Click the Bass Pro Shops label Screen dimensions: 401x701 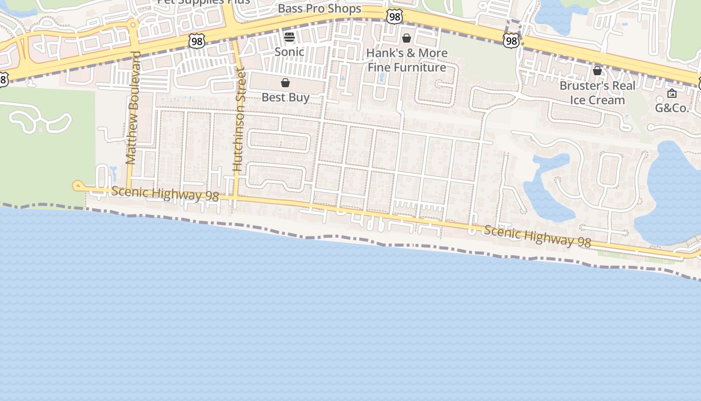click(x=319, y=9)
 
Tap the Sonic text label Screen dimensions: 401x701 click(x=289, y=52)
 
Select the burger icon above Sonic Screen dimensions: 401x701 click(x=289, y=37)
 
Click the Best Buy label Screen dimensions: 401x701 click(x=285, y=97)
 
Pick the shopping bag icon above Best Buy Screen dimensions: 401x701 click(x=285, y=83)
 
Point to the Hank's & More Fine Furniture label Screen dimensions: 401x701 click(x=407, y=60)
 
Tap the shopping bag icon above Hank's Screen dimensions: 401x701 click(x=407, y=38)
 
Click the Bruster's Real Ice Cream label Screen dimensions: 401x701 click(x=597, y=93)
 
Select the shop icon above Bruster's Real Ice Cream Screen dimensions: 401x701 click(x=597, y=71)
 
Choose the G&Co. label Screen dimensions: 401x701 click(x=672, y=108)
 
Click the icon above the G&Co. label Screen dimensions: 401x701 click(x=672, y=93)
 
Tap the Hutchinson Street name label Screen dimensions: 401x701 click(x=239, y=121)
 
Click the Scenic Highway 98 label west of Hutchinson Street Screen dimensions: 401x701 click(x=165, y=193)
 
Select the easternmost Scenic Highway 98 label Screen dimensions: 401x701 click(x=538, y=236)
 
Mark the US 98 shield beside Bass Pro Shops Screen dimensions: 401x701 click(x=395, y=17)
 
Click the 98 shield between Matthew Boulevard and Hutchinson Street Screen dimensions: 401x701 click(x=197, y=41)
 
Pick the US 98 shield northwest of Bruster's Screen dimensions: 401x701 click(x=511, y=40)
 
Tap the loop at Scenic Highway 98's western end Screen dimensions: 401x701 click(x=77, y=186)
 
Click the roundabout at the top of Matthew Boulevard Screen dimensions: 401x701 click(x=133, y=24)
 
